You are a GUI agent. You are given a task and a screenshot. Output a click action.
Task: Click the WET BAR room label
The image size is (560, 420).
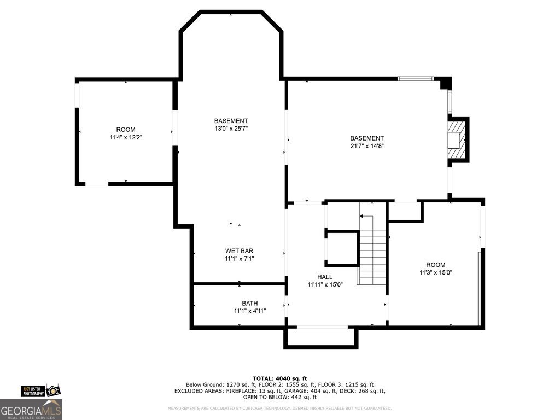(x=239, y=251)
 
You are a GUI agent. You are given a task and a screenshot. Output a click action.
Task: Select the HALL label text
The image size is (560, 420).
(x=324, y=277)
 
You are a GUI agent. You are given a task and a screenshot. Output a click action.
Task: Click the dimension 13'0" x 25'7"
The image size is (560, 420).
(x=231, y=129)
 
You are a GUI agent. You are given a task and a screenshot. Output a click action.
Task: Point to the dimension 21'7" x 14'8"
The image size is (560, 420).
(x=367, y=147)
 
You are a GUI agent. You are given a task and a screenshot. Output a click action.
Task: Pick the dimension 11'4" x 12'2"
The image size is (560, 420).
(x=126, y=138)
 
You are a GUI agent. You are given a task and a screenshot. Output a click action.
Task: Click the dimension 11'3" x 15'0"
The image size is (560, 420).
(x=436, y=272)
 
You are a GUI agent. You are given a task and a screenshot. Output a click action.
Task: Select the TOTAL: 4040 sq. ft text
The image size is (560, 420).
(x=279, y=378)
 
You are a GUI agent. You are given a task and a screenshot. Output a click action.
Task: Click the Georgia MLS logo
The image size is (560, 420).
(x=31, y=410)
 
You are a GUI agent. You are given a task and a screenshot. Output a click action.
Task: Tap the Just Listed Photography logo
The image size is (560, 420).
(x=39, y=390)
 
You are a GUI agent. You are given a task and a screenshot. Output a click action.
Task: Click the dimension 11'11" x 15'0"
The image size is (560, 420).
(x=324, y=284)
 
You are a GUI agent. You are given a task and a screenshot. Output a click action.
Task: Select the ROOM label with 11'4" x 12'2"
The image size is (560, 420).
(x=126, y=130)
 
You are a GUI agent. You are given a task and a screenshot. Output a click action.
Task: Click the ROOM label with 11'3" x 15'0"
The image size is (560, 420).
(x=436, y=265)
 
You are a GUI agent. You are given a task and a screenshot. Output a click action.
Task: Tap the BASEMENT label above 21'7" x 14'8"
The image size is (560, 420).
(x=367, y=138)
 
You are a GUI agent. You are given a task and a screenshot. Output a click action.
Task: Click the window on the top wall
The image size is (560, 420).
(x=415, y=79)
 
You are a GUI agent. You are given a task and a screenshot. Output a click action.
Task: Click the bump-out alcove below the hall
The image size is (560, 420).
(x=320, y=337)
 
